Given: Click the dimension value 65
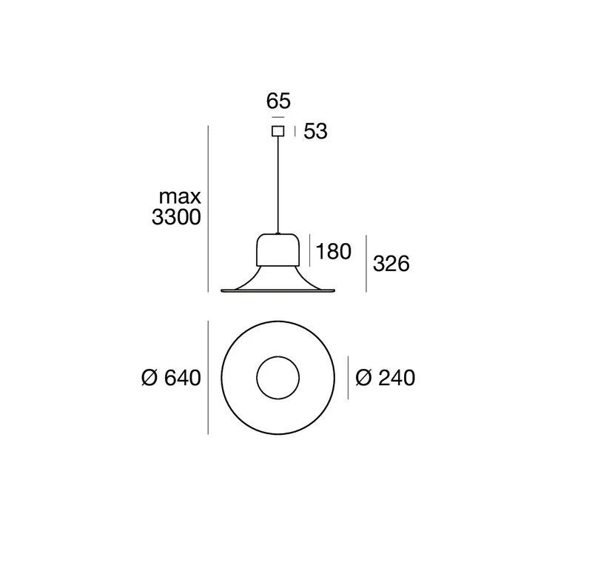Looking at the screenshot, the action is pyautogui.click(x=278, y=101).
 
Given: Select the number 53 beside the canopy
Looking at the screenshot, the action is pyautogui.click(x=316, y=132).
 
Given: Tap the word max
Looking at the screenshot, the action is pyautogui.click(x=180, y=197).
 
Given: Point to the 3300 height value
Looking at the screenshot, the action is pyautogui.click(x=176, y=217).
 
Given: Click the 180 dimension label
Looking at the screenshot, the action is pyautogui.click(x=334, y=251).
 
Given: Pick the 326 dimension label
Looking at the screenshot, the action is pyautogui.click(x=391, y=264).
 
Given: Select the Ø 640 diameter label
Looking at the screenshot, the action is pyautogui.click(x=171, y=378).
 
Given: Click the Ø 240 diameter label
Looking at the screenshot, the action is pyautogui.click(x=385, y=378).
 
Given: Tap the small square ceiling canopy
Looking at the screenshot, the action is pyautogui.click(x=278, y=130).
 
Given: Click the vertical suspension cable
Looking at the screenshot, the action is pyautogui.click(x=278, y=184).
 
